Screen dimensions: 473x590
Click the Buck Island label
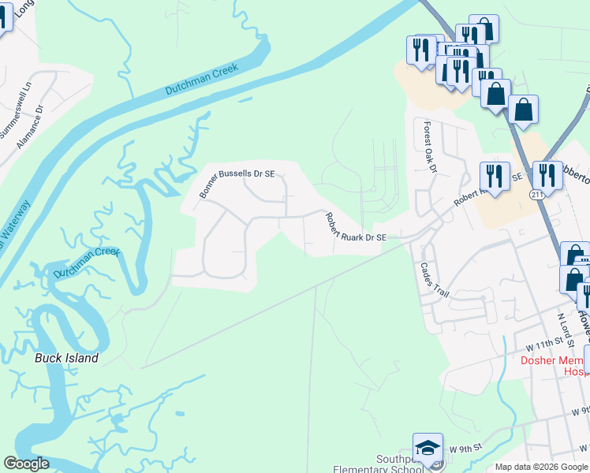(67, 358)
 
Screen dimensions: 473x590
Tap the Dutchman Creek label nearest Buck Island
(87, 263)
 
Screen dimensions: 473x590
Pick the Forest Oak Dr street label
(430, 147)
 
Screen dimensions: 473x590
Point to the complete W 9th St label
(465, 449)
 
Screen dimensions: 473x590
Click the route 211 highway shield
(536, 194)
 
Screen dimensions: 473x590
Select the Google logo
(27, 464)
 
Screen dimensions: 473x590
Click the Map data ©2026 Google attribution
(541, 467)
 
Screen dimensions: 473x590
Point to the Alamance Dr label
(34, 122)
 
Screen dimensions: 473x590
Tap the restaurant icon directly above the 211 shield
(547, 174)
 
